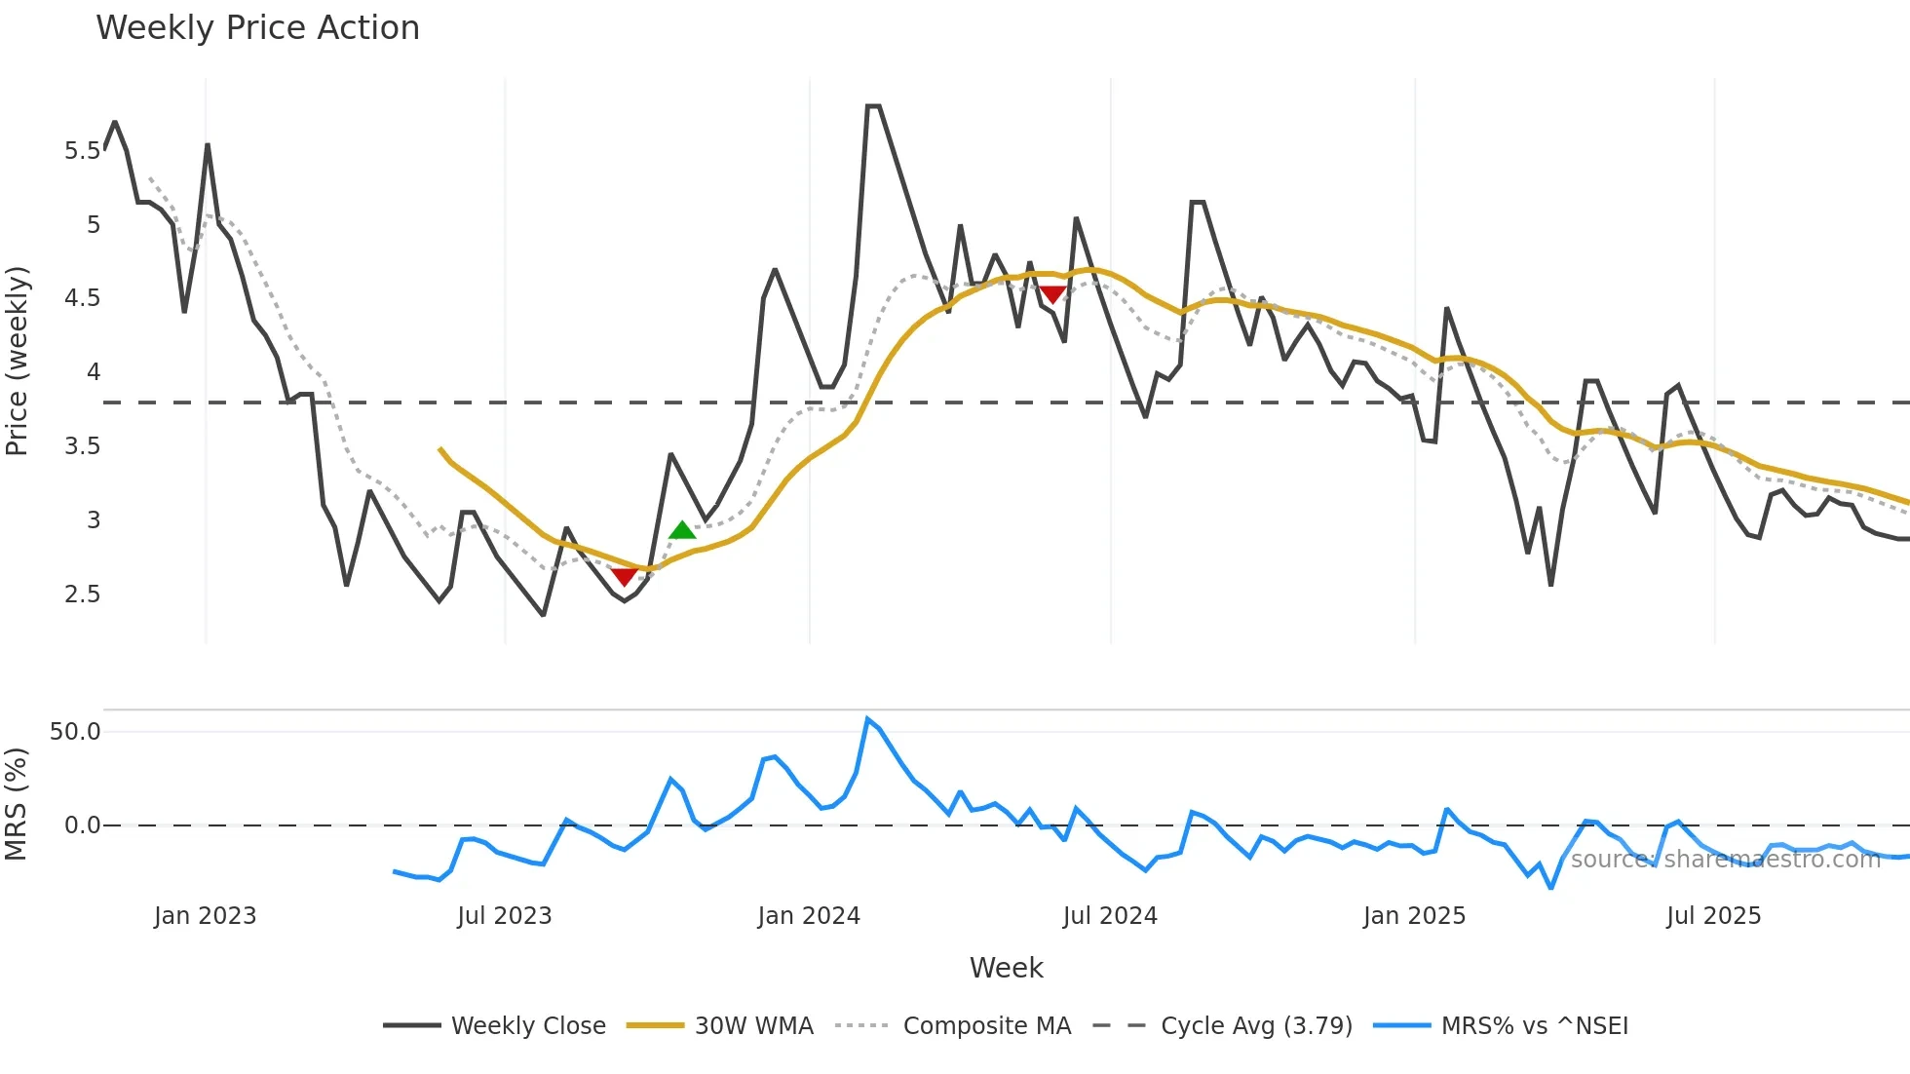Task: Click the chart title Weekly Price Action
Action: click(257, 28)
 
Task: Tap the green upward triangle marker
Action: click(682, 531)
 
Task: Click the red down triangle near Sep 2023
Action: click(624, 577)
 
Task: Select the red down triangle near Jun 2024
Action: click(1052, 294)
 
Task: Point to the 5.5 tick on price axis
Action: click(82, 151)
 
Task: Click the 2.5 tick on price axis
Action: click(82, 595)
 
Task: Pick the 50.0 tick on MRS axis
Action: click(75, 732)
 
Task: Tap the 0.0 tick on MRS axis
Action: click(82, 825)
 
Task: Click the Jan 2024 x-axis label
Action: click(809, 916)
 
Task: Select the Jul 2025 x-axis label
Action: click(1713, 916)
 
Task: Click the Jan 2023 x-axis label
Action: click(205, 916)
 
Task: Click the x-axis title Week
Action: click(1006, 968)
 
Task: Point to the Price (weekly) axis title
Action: click(18, 361)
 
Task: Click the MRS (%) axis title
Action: click(16, 804)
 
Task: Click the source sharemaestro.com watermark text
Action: click(1725, 860)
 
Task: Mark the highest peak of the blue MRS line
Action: click(867, 719)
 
